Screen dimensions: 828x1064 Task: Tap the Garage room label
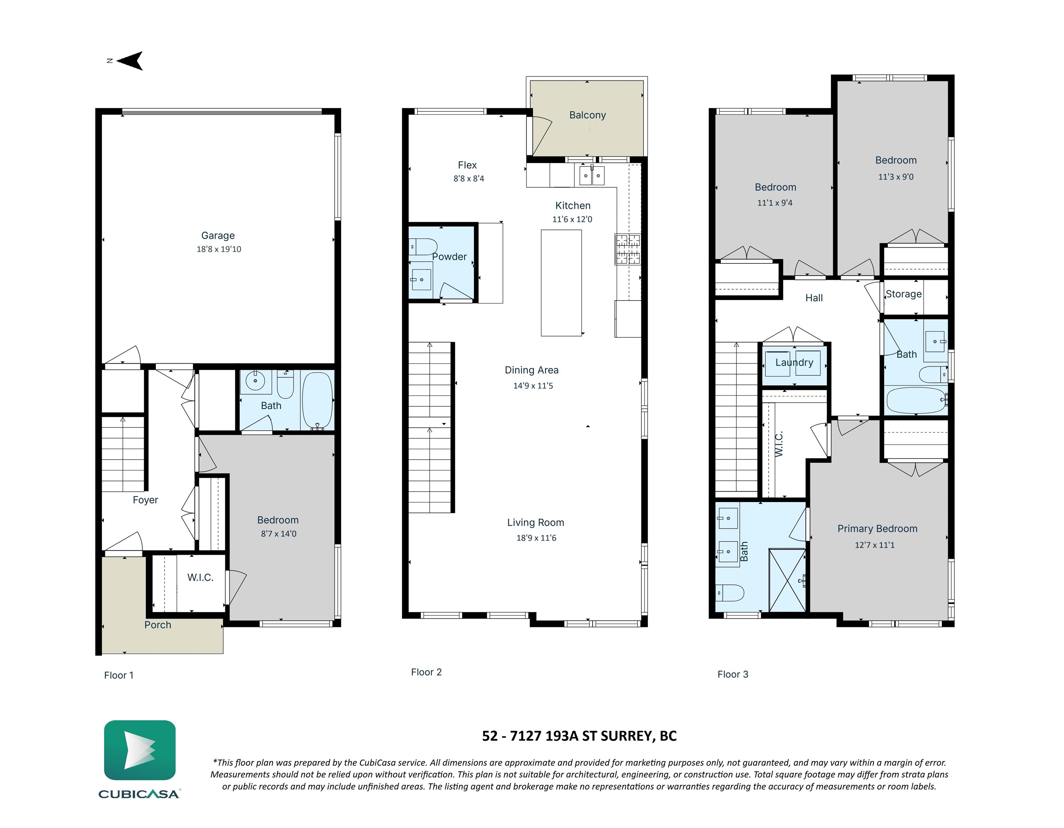[x=218, y=235]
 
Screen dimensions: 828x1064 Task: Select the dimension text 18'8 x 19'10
[x=219, y=249]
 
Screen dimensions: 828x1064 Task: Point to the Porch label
[x=157, y=625]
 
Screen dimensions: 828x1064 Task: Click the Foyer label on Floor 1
[x=145, y=500]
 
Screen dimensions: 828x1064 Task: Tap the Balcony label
[x=588, y=115]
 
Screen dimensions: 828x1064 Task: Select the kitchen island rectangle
[x=561, y=283]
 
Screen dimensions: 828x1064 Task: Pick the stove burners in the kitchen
[x=627, y=249]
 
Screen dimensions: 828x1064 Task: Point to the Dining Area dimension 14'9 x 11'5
[x=533, y=386]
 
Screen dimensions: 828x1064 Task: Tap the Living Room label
[x=535, y=523]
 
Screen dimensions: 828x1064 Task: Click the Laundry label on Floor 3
[x=794, y=362]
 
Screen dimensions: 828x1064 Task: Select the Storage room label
[x=903, y=294]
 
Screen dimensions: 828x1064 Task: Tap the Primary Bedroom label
[x=877, y=528]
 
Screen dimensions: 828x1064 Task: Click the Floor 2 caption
[x=426, y=672]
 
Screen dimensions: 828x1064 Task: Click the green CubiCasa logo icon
[x=140, y=750]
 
